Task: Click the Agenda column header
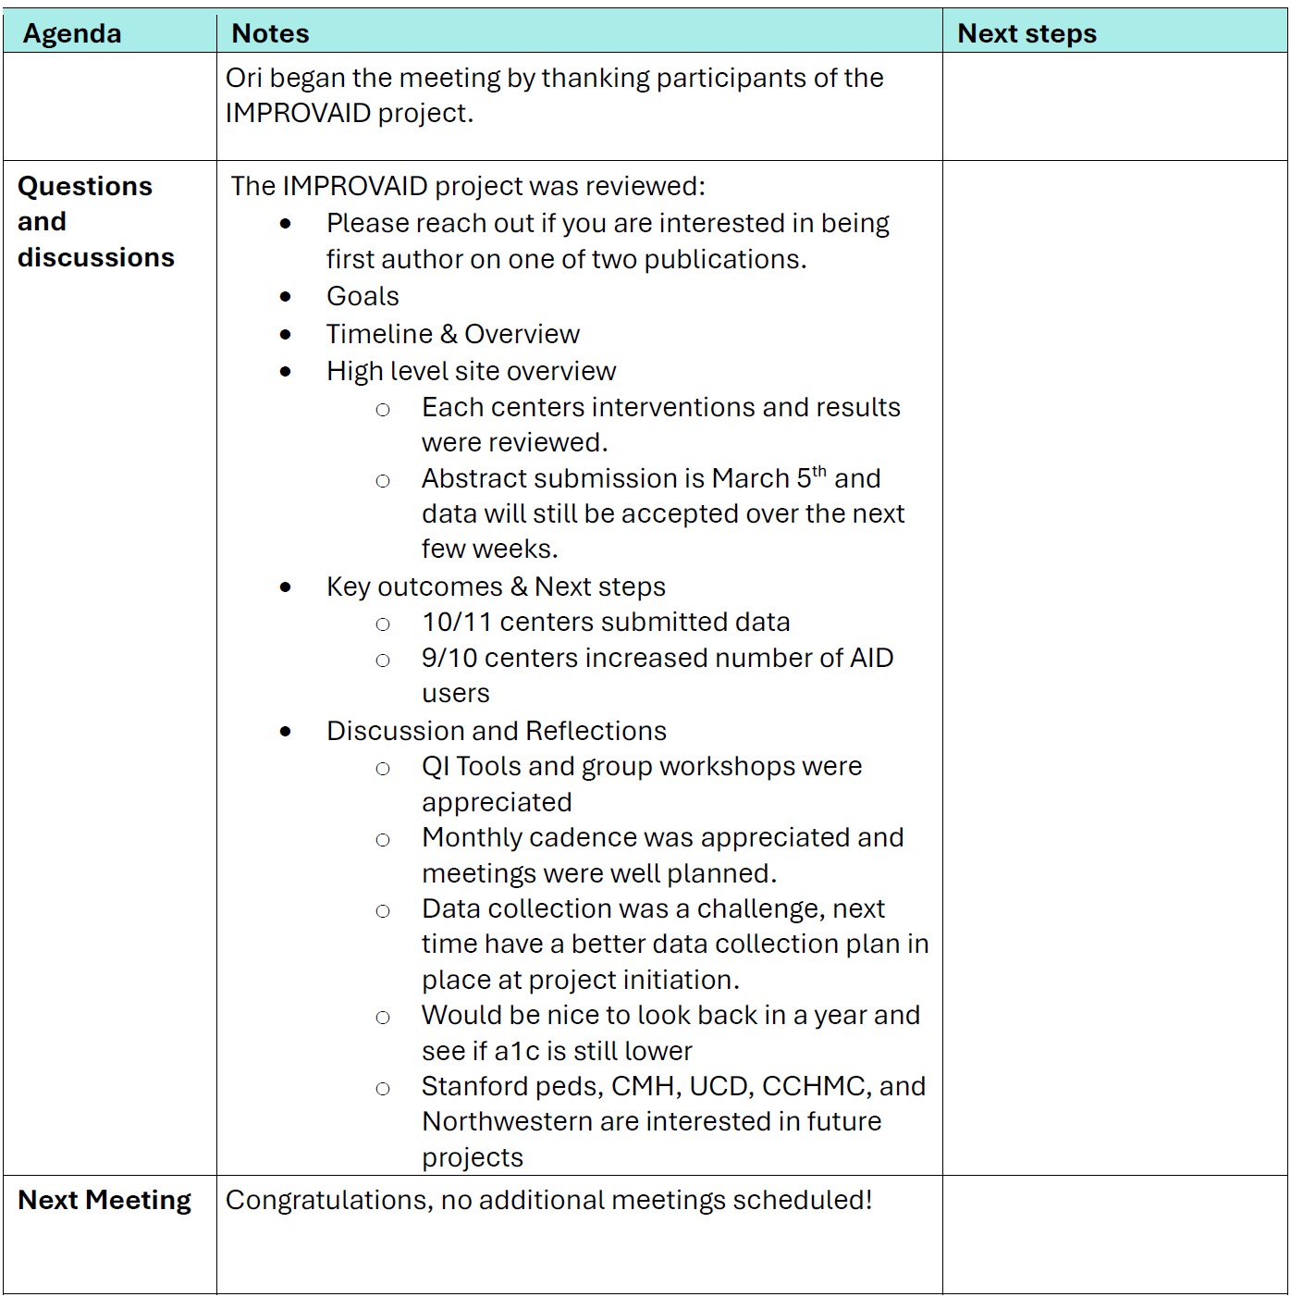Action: tap(72, 33)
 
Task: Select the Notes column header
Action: tap(270, 33)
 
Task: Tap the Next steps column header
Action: tap(1027, 33)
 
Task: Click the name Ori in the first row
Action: tap(243, 78)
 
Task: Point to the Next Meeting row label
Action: tap(105, 1200)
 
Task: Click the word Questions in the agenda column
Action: tap(85, 186)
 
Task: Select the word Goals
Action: tap(363, 296)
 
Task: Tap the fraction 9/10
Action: tap(449, 658)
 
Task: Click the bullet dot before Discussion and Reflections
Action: tap(286, 732)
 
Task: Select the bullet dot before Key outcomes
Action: tap(286, 587)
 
